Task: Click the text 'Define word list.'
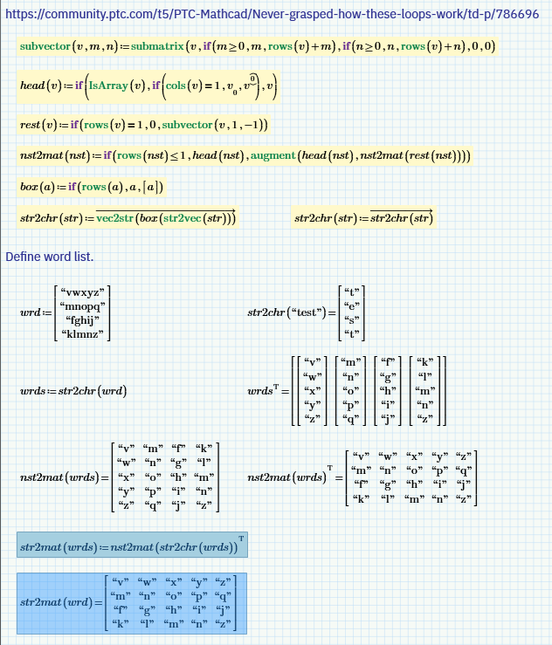tap(49, 257)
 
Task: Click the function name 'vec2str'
tap(117, 217)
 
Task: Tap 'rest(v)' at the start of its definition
tap(38, 125)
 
